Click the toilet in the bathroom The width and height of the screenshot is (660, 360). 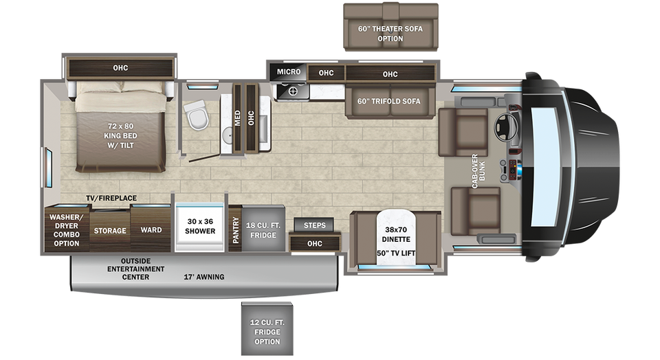[196, 115]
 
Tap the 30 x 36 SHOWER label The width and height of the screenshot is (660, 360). [200, 226]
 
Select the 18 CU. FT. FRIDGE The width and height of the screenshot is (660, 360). [263, 228]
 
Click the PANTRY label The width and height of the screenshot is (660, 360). [236, 229]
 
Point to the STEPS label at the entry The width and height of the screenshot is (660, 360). [314, 225]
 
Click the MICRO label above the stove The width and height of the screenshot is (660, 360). [289, 72]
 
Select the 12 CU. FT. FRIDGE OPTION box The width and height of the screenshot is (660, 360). [267, 329]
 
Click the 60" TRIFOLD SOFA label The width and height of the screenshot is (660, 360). [389, 102]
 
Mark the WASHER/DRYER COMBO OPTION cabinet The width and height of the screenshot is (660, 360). [67, 229]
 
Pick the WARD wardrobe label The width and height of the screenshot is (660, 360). [151, 230]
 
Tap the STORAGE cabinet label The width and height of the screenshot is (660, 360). [110, 231]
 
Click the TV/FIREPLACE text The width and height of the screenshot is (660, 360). [111, 198]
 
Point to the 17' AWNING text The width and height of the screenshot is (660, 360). [204, 277]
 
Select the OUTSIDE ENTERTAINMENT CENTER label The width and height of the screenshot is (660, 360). [135, 269]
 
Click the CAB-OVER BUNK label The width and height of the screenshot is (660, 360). [478, 171]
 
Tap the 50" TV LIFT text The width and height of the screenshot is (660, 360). [396, 254]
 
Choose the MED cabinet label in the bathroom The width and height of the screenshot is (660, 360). [237, 117]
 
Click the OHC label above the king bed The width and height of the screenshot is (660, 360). [120, 68]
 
